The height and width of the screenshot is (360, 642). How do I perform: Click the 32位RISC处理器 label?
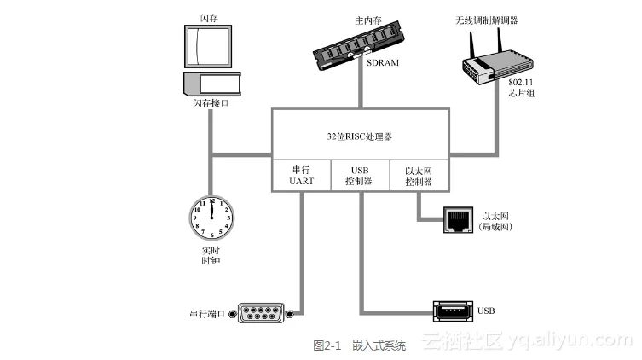coord(360,136)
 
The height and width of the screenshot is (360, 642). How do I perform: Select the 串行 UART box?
coord(302,176)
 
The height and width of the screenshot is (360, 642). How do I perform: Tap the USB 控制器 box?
coord(360,176)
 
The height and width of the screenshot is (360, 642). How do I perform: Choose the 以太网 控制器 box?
coord(419,176)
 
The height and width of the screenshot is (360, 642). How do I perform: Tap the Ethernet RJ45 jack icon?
coord(458,220)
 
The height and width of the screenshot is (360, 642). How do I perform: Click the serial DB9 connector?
coord(262,314)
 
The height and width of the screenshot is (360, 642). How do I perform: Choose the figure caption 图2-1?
coord(327,345)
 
